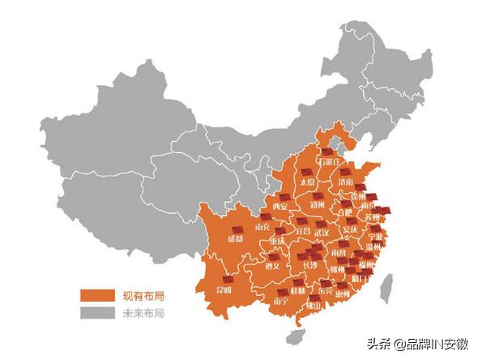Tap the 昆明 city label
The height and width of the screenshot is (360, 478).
pos(223,289)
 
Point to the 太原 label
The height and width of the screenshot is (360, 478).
pos(307,183)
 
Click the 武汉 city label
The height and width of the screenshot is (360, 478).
pos(322,234)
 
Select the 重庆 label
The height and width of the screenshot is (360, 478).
pos(278,241)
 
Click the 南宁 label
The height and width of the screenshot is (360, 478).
pos(280,301)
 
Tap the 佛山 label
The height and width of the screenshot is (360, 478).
pos(314,306)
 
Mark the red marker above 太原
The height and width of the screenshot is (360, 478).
pos(307,173)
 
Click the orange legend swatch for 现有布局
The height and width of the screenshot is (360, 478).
pos(94,294)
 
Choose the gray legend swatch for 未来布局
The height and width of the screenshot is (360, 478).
pos(94,311)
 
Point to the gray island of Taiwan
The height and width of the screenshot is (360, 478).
pos(386,285)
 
